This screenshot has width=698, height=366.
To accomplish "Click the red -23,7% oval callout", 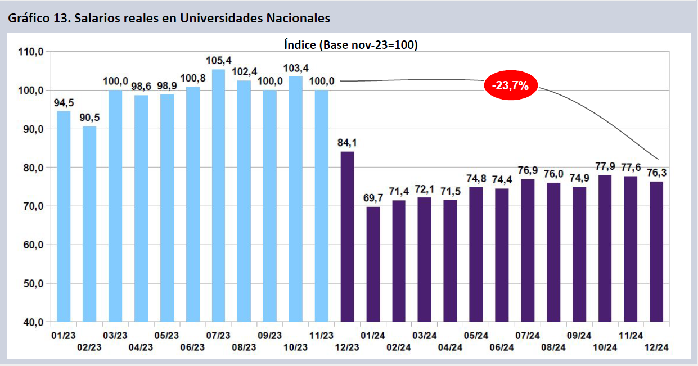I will pos(511,86).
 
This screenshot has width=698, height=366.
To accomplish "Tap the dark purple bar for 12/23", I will pos(347,237).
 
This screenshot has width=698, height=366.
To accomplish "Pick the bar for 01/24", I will pos(373,264).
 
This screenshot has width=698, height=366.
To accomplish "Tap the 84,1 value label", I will pos(347,143).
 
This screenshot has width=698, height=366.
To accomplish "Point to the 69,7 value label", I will pos(373,198).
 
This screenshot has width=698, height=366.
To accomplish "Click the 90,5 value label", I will pos(89,118).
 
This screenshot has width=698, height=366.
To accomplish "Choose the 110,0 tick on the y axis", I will pos(31,52).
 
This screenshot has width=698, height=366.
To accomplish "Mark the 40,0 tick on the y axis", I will pos(31,322).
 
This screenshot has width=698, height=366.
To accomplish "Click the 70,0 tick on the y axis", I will pos(31,206).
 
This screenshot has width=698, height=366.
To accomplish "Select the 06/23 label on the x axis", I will pos(192,347).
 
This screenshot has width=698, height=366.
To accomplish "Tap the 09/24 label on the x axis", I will pos(579,336).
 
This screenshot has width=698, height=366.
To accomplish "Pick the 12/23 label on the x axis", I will pos(347,347).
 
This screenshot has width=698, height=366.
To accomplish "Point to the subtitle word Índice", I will pos(299,45).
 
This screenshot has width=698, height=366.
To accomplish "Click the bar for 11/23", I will pos(321,206).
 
